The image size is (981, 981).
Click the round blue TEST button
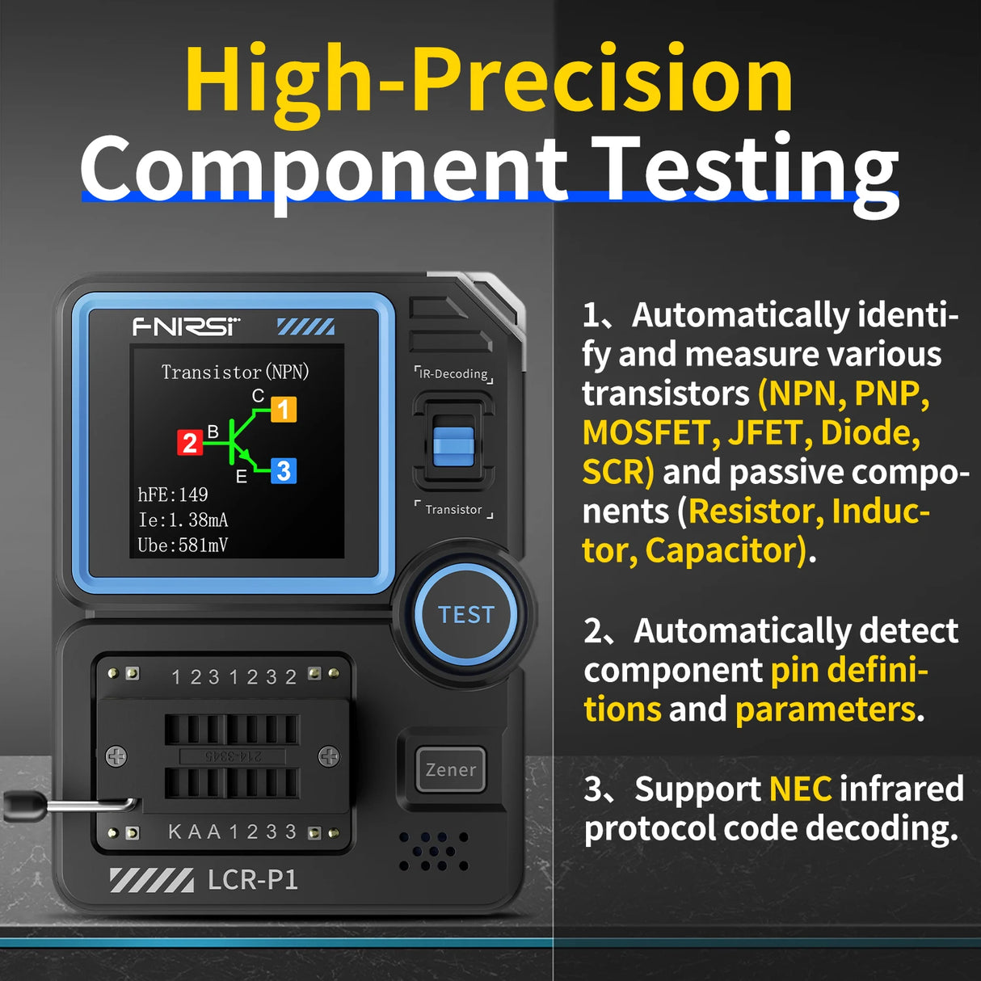(465, 615)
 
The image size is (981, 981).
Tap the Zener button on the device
(450, 770)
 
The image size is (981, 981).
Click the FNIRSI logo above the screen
(187, 326)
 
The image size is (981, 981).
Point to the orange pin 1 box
(283, 410)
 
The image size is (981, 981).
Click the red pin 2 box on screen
(190, 443)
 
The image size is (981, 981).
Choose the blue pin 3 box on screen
(283, 471)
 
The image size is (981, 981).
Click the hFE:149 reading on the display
(173, 495)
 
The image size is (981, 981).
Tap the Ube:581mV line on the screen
(183, 545)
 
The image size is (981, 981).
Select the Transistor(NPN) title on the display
(235, 372)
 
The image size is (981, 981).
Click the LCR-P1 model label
(252, 879)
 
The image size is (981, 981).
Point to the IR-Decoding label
(453, 374)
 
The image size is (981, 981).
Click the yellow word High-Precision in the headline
(489, 81)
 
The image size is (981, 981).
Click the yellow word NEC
(800, 789)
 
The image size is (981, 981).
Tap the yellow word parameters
(825, 709)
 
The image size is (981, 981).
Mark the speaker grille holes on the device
(434, 851)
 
